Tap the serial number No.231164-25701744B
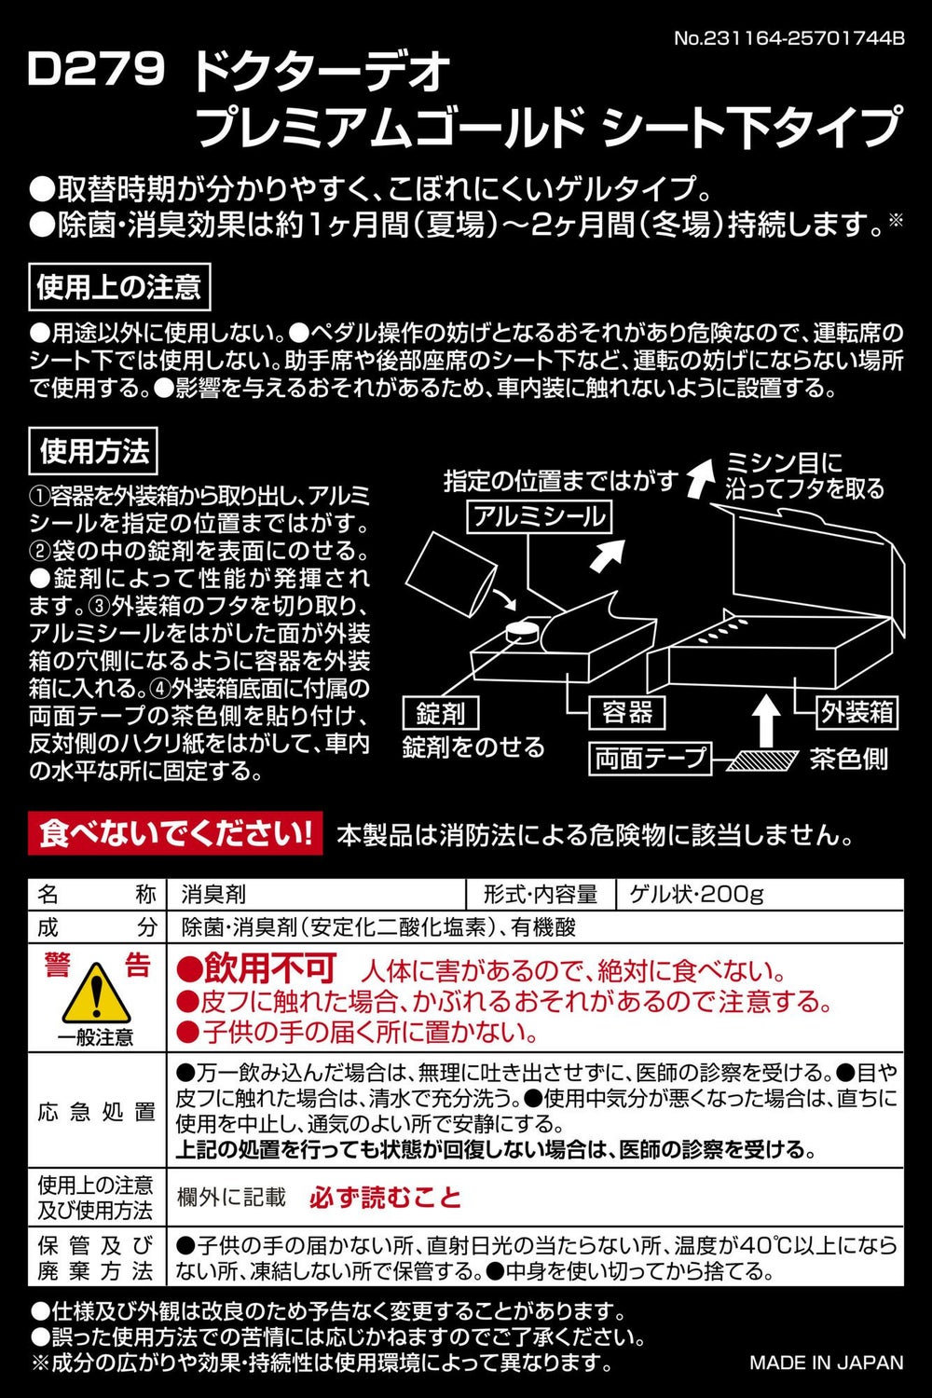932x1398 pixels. pos(789,38)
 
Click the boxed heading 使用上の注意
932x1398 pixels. pos(119,287)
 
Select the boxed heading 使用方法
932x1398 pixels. pos(93,450)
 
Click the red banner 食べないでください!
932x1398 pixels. pos(175,833)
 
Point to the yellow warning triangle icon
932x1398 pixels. pos(96,993)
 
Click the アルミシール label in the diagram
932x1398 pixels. pos(540,517)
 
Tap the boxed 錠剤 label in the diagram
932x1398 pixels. pos(441,714)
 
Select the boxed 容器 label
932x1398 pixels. pos(626,713)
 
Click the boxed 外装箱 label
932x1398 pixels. pos(857,713)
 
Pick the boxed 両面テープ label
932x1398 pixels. pos(651,759)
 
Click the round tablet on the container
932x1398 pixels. pos(522,630)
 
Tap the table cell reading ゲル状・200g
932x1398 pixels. pos(696,895)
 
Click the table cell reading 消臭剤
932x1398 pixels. pos(213,895)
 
